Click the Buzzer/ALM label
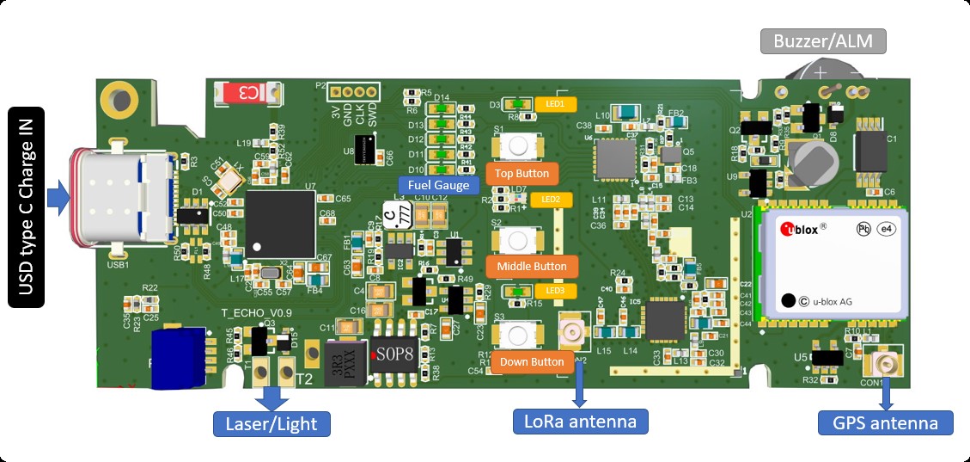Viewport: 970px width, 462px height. [822, 40]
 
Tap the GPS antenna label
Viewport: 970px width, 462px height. [885, 422]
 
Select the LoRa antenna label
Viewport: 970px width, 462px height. [580, 422]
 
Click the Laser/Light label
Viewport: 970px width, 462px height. [271, 423]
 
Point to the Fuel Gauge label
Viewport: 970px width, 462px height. [438, 185]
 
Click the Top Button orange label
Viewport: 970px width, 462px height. [522, 173]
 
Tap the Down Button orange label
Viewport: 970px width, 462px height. [531, 361]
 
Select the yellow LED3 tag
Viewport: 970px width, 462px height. [554, 291]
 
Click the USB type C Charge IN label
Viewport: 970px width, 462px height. [26, 206]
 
